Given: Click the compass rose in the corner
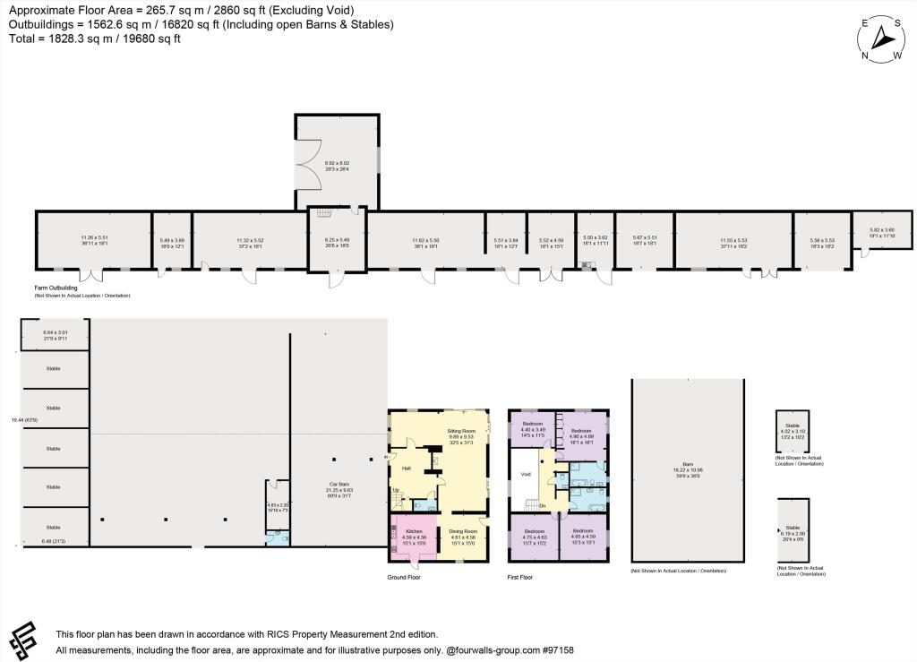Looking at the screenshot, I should tap(881, 39).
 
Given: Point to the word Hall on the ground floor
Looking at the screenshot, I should tap(406, 467).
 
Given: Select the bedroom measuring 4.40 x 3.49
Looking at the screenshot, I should tap(533, 428).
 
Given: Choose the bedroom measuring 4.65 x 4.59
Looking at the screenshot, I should tap(583, 536).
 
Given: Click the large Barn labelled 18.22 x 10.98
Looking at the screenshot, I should tap(687, 470).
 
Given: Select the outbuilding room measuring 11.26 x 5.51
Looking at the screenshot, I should tap(93, 240).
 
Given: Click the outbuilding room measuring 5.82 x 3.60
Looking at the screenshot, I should tap(881, 232).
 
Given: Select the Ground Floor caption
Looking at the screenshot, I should tap(403, 577).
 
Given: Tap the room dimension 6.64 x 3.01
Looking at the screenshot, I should tap(56, 335).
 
